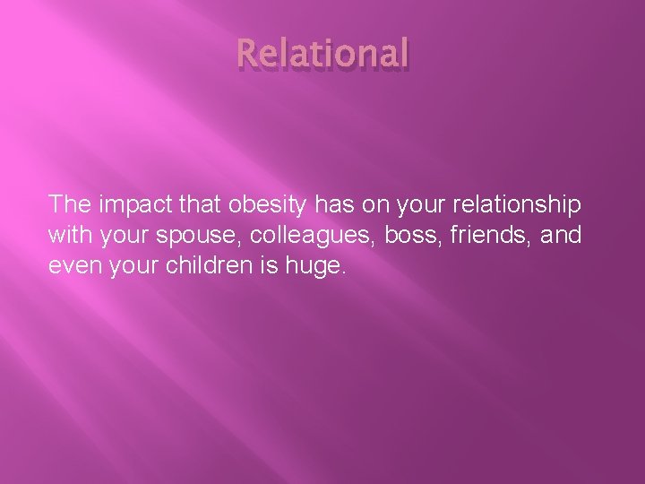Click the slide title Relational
(x=322, y=53)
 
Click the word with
(x=68, y=235)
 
